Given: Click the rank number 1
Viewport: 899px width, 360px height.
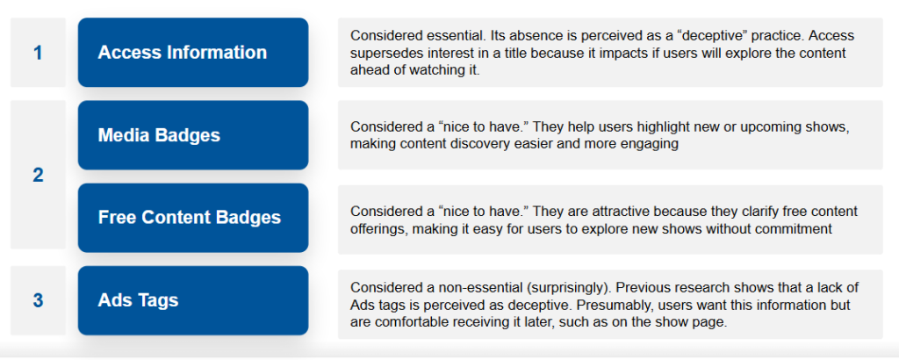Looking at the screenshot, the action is pyautogui.click(x=38, y=53).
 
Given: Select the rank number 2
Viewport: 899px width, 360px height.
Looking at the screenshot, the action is pyautogui.click(x=38, y=176).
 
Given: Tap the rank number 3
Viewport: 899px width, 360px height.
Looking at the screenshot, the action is pyautogui.click(x=38, y=300).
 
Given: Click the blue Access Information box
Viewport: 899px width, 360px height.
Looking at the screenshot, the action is pyautogui.click(x=193, y=52).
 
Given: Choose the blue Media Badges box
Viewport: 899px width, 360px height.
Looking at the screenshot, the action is pyautogui.click(x=193, y=135).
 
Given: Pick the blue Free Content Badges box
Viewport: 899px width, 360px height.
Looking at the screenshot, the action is pyautogui.click(x=193, y=218).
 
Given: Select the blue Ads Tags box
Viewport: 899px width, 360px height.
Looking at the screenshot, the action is pyautogui.click(x=193, y=300).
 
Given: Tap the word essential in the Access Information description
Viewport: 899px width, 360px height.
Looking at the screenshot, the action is pyautogui.click(x=458, y=36).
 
